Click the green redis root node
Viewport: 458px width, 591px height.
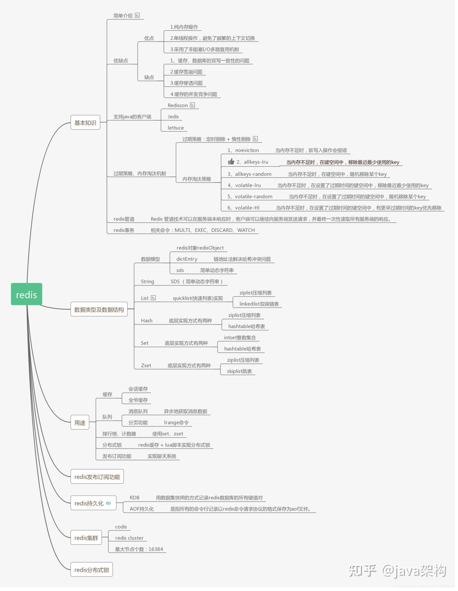[x=27, y=294]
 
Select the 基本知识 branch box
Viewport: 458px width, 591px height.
[x=85, y=123]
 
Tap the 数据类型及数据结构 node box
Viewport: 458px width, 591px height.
[x=99, y=310]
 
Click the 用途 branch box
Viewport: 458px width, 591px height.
[x=80, y=423]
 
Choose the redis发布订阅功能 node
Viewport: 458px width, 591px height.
[x=97, y=477]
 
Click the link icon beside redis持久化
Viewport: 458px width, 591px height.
[x=108, y=503]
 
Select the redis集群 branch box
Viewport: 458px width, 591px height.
[x=86, y=538]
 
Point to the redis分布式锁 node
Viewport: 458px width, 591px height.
[x=92, y=570]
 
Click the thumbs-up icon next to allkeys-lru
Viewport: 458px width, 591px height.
[x=231, y=161]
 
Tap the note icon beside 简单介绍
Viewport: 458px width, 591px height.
[x=137, y=16]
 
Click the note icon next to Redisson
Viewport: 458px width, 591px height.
[x=192, y=105]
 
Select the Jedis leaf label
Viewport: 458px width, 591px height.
[x=173, y=117]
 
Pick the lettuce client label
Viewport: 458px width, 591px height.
[x=175, y=128]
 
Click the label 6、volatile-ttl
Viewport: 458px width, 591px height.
[x=243, y=208]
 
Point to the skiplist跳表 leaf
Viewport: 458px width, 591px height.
[x=239, y=371]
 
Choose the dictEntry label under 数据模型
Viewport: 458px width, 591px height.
[x=187, y=259]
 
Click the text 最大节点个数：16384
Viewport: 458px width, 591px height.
[x=139, y=549]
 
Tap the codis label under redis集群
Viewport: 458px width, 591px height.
[x=121, y=527]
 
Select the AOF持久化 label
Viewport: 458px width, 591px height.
[x=141, y=509]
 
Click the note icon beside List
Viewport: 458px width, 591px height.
[x=153, y=298]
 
